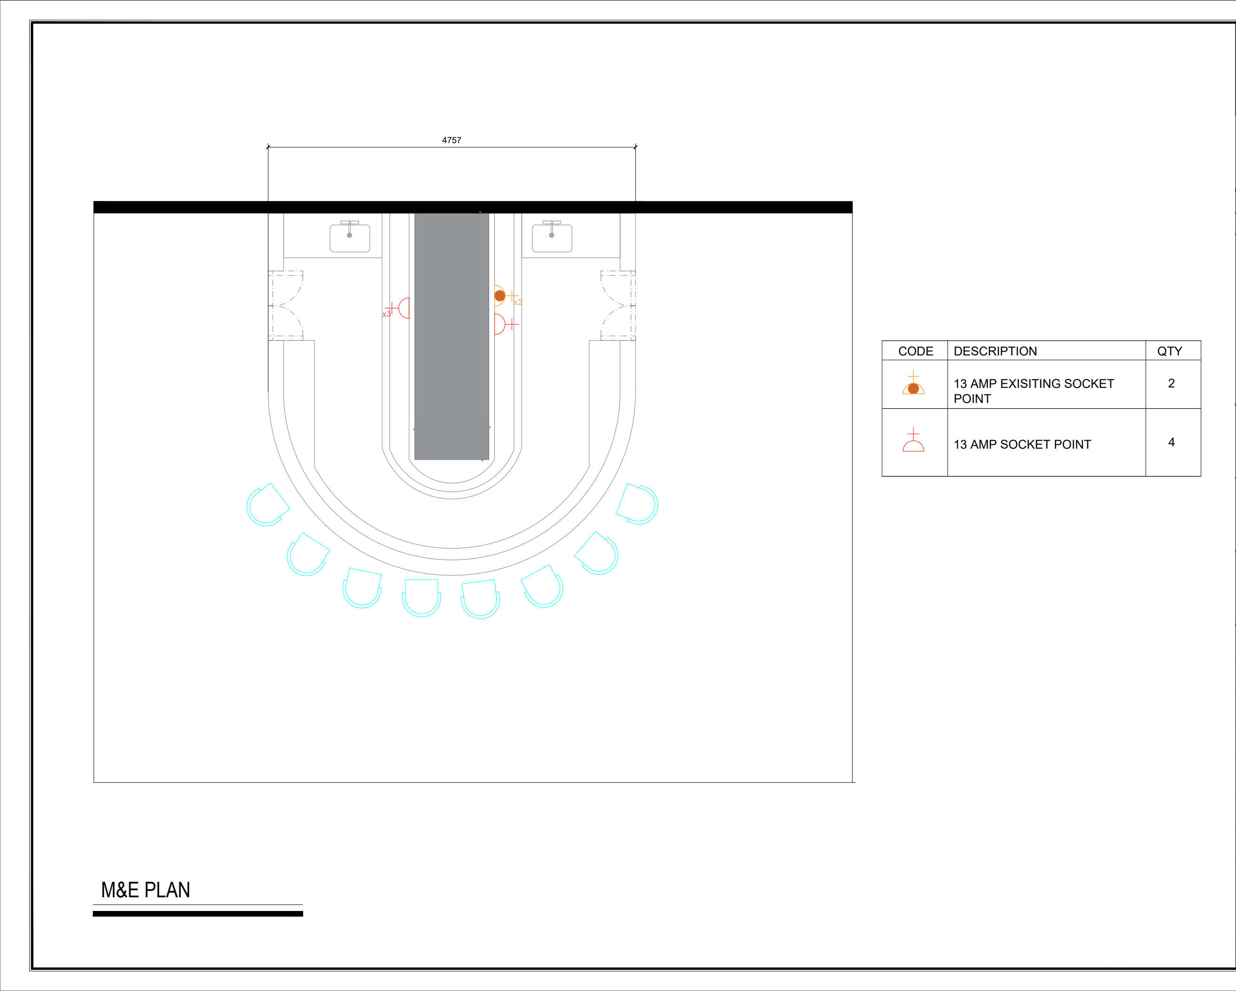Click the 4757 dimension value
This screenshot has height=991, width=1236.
coord(451,140)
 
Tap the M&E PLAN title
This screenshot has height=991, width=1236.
coord(145,890)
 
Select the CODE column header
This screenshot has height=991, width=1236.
coord(915,351)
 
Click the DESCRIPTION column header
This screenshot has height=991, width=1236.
coord(995,351)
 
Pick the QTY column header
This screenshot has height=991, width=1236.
coord(1170,351)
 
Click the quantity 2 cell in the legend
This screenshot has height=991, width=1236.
coord(1171,383)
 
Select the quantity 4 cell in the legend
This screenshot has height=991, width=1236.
coord(1171,442)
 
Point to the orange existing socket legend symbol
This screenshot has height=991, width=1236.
coord(913,383)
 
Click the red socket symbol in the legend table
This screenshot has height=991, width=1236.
coord(913,440)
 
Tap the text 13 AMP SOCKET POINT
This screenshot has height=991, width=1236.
coord(1022,444)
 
